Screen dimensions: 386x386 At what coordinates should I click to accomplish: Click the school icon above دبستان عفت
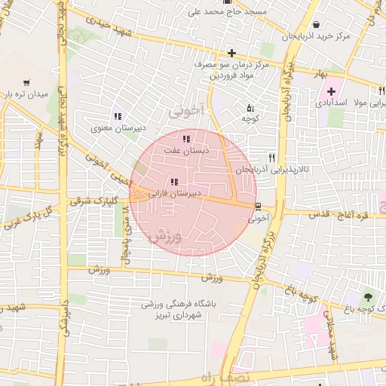point(186,138)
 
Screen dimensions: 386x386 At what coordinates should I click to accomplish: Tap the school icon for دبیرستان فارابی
point(175,182)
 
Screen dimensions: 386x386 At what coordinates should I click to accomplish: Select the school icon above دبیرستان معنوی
point(117,116)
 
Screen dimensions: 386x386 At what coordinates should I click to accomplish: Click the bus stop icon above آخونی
point(258,207)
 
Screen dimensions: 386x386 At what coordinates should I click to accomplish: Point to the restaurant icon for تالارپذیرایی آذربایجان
point(271,158)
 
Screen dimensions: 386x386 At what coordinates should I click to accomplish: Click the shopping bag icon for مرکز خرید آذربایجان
point(314,24)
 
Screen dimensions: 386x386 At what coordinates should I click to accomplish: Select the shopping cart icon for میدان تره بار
point(26,82)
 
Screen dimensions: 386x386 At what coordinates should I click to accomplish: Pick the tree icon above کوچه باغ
point(368,296)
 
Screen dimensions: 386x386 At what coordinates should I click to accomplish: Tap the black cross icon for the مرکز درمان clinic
point(231,53)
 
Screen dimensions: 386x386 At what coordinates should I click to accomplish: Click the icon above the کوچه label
point(250,108)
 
